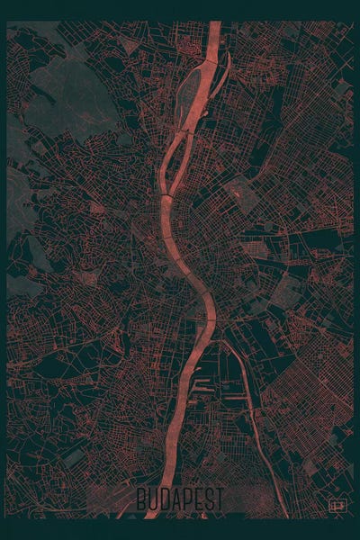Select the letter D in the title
(165, 500)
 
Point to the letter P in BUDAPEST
(187, 500)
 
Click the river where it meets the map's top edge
(213, 26)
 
